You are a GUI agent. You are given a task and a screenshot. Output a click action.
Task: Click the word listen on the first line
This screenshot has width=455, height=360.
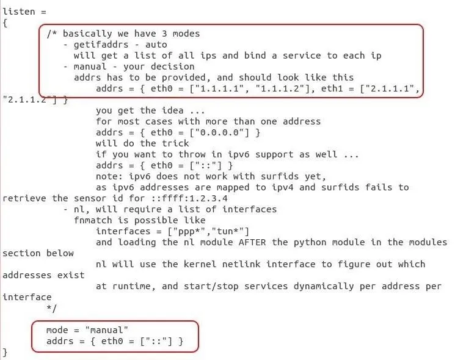tap(19, 12)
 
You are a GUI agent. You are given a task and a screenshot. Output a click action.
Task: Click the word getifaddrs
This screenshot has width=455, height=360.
tap(101, 45)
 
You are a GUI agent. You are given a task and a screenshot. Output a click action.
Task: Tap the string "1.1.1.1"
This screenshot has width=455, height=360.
tap(219, 88)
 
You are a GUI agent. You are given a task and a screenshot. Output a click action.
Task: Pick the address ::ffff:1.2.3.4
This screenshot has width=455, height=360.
tap(189, 198)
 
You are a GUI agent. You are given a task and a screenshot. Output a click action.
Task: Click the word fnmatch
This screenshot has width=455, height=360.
tap(93, 220)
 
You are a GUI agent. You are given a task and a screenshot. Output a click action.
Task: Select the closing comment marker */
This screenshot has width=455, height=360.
tap(52, 308)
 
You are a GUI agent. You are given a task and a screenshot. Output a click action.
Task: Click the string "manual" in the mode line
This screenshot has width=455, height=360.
tap(107, 330)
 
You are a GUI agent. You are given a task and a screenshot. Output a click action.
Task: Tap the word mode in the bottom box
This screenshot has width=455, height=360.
tap(57, 330)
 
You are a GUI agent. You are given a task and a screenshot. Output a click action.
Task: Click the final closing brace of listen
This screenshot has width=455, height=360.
tap(5, 353)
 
